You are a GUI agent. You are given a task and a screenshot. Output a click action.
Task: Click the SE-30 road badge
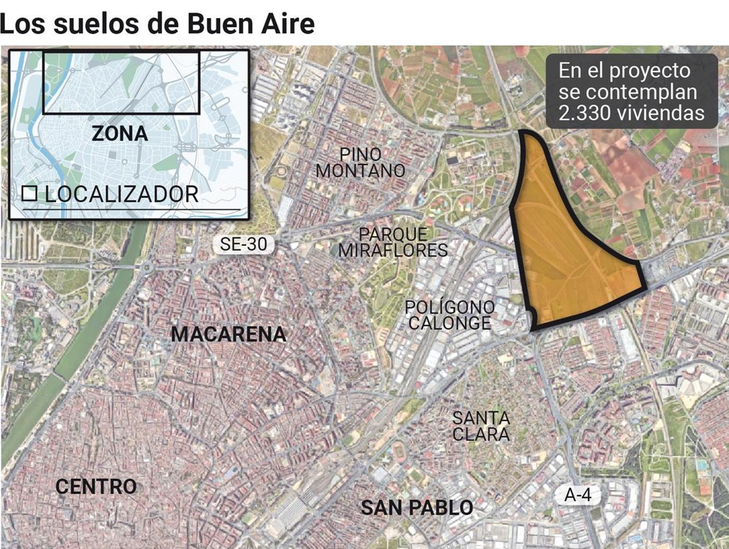243,244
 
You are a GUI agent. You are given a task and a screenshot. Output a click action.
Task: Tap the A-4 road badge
577,494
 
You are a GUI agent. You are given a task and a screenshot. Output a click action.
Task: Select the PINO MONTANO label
360,163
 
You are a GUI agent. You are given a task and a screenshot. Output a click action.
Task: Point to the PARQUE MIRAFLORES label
393,242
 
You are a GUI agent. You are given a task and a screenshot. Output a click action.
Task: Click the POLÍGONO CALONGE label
450,315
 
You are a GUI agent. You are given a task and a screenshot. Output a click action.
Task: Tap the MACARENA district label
229,334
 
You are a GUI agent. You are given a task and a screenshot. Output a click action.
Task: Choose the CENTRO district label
96,487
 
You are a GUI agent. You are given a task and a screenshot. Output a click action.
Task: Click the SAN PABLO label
417,508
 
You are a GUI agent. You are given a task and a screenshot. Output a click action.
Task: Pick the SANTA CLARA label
481,426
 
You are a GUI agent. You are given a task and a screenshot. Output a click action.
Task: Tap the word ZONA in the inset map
120,134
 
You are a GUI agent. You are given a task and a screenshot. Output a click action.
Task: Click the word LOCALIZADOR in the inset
122,194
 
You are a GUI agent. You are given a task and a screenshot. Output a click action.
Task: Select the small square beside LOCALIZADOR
30,194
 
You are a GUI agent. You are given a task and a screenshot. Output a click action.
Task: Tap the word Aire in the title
287,24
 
